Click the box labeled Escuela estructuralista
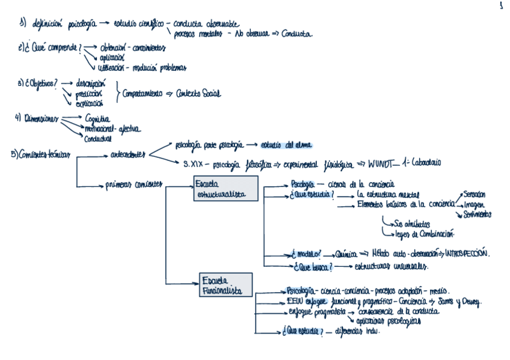[x=226, y=188]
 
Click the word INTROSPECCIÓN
[x=467, y=254]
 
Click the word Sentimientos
[x=478, y=213]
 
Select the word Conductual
[x=98, y=138]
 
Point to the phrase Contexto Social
[x=198, y=94]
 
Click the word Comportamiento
[x=143, y=94]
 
